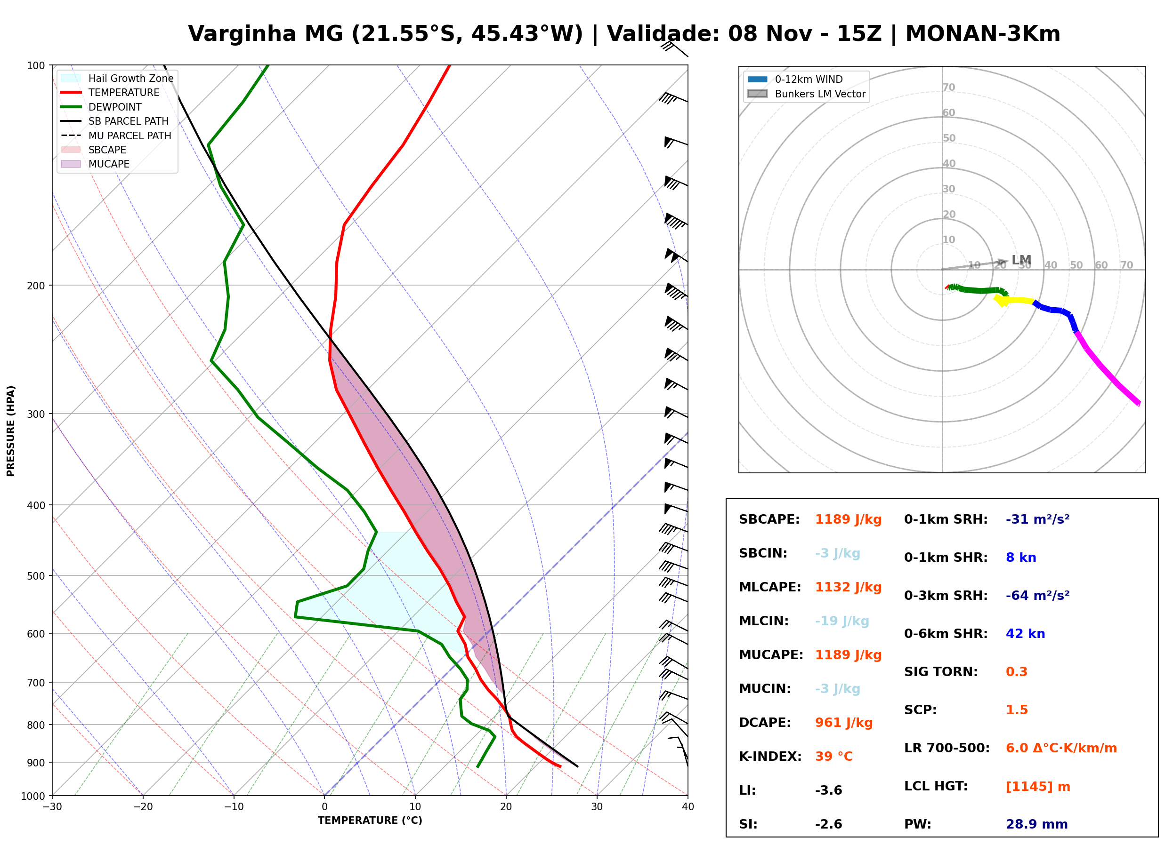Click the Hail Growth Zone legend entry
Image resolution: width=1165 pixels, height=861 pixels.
(x=117, y=78)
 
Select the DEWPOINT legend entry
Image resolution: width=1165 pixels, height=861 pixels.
(x=101, y=107)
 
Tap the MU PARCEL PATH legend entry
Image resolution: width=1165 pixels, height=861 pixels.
(x=116, y=136)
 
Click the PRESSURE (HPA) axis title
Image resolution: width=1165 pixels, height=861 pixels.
(x=11, y=431)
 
